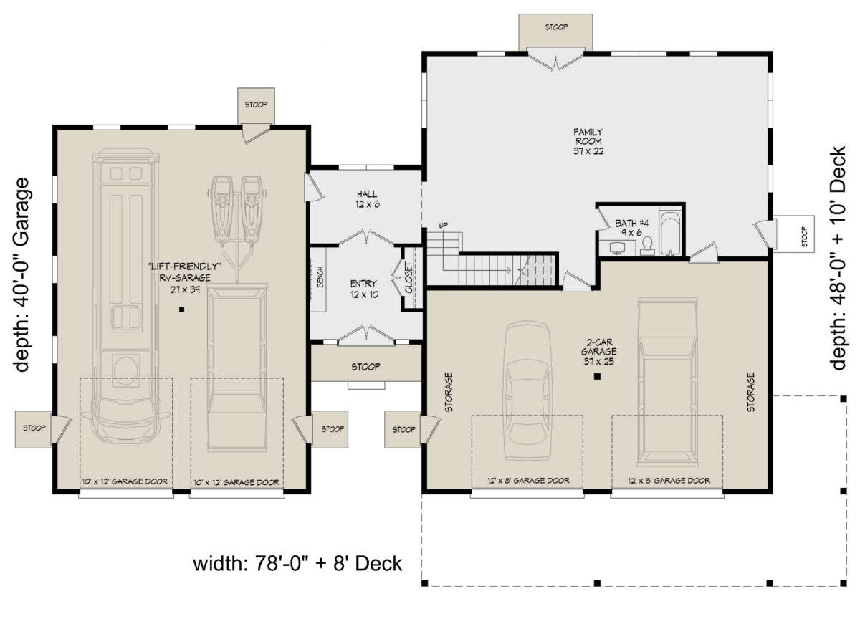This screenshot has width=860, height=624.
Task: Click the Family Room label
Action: tap(588, 142)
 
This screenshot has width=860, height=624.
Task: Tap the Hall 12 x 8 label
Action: tap(368, 199)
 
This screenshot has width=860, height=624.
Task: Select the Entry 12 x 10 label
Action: tap(364, 289)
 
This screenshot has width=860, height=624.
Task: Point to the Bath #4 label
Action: tap(631, 228)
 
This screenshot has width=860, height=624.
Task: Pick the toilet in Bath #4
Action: tap(647, 246)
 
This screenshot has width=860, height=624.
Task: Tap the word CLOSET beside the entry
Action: tap(409, 278)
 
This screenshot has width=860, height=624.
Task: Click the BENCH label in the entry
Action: tap(320, 277)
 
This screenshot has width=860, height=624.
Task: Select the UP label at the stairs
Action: tap(443, 225)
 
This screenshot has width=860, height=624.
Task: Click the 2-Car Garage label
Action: tap(599, 352)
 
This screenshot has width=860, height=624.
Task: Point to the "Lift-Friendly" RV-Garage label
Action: tap(185, 277)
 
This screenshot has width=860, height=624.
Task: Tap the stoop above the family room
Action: tap(555, 32)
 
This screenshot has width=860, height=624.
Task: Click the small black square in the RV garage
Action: tap(181, 309)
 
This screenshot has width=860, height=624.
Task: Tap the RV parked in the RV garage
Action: tap(126, 295)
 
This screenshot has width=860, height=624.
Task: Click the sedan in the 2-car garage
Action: tap(527, 390)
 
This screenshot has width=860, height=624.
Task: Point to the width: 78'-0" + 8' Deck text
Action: tap(297, 564)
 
